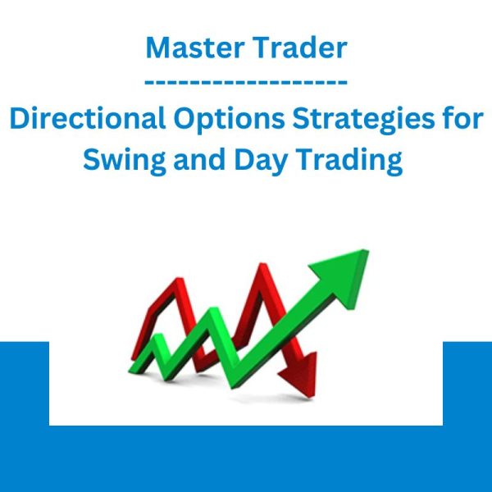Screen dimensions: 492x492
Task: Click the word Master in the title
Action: click(x=195, y=48)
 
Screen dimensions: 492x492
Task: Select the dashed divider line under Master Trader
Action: click(x=246, y=82)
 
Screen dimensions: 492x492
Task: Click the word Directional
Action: click(x=88, y=118)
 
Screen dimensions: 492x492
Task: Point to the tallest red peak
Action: click(x=262, y=266)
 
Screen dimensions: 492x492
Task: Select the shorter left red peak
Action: click(x=179, y=280)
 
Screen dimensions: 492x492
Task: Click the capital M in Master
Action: click(x=160, y=48)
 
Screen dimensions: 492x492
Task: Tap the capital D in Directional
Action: click(x=20, y=118)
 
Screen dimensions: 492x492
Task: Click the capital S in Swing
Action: click(x=93, y=159)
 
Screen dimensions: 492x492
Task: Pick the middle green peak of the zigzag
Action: click(x=214, y=312)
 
